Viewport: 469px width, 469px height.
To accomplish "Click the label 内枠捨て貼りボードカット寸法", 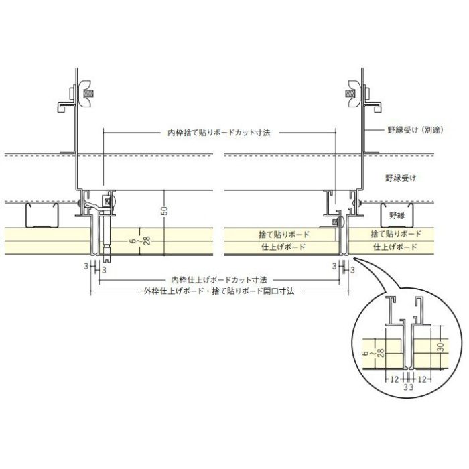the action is click(x=218, y=133).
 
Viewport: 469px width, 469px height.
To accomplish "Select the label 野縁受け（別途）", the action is click(x=415, y=130).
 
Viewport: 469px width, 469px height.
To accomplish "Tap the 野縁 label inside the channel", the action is click(x=397, y=215).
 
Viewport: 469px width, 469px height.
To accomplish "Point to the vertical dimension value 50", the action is click(x=164, y=210).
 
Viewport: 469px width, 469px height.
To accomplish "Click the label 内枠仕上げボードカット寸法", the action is click(x=219, y=280).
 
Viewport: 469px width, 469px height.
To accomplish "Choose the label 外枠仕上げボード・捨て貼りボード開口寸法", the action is click(x=219, y=291).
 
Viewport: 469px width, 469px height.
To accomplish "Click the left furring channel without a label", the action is click(x=42, y=215).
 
